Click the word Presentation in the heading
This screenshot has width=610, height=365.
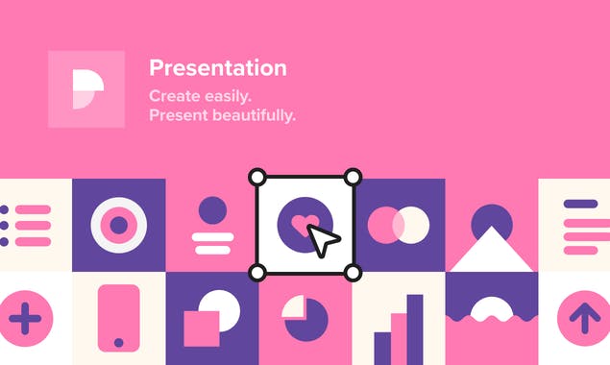click(217, 68)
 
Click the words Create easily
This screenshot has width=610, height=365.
click(200, 96)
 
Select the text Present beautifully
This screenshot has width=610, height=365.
click(222, 115)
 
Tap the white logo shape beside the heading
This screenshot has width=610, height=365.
click(86, 88)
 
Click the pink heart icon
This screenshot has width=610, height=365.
click(302, 223)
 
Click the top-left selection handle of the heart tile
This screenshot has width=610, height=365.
click(257, 177)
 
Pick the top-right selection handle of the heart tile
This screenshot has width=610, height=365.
click(353, 177)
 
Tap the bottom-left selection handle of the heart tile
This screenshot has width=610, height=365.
click(257, 273)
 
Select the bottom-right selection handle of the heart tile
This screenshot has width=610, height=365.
click(353, 273)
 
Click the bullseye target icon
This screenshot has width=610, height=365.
click(119, 225)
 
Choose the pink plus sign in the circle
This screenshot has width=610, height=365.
click(23, 317)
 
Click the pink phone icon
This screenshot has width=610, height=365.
click(119, 316)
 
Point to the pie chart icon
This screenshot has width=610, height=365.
click(305, 318)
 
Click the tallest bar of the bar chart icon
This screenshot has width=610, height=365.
click(415, 328)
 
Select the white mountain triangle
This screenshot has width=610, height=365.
click(492, 252)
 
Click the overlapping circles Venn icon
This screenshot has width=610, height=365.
click(399, 225)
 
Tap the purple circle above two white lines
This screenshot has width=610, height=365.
click(212, 210)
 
